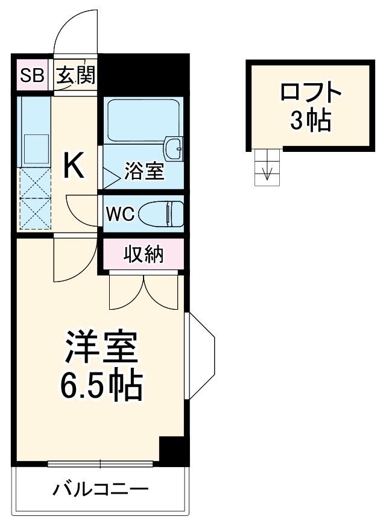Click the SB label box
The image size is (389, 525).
[32, 75]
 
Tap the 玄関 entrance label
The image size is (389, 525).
[75, 76]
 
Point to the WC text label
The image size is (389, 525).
[119, 214]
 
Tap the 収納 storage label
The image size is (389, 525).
[144, 255]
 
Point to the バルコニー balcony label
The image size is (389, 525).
[100, 488]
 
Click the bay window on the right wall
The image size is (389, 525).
[201, 355]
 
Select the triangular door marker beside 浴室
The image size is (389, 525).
[110, 175]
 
